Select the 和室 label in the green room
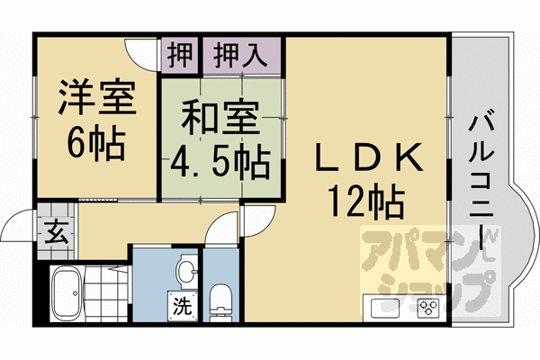[x=221, y=117]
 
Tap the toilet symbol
[x=219, y=301]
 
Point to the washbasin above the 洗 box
[x=184, y=270]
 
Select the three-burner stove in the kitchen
[x=425, y=307]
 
